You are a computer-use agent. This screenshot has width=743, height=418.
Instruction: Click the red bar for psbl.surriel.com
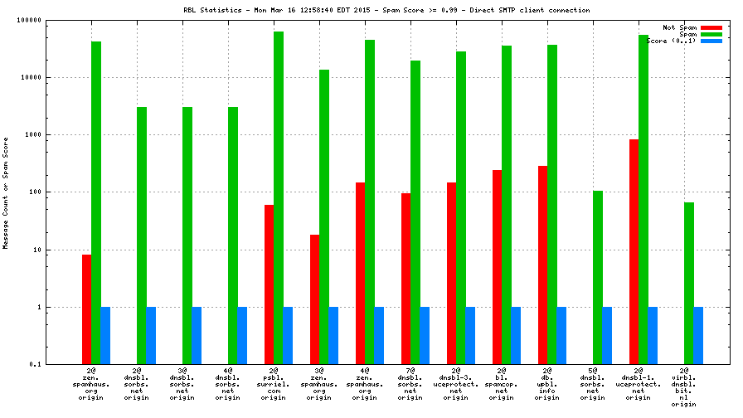pos(269,284)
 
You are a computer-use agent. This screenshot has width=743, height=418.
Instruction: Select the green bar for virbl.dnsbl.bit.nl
pos(689,283)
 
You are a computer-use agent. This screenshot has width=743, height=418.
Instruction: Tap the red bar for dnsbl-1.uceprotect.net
pos(634,251)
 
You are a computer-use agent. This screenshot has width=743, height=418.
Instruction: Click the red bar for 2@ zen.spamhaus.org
pos(86,309)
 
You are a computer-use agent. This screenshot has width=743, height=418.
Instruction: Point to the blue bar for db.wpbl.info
pos(561,335)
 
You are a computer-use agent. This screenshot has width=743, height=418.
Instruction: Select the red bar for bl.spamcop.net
pos(497,267)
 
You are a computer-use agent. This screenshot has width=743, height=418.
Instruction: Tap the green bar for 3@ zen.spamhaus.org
pos(324,216)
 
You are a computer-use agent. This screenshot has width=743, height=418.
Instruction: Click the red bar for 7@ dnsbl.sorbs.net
pos(405,279)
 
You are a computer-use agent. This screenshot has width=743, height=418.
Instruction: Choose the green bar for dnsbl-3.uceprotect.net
pos(461,207)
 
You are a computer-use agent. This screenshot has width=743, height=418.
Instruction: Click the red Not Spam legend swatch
pos(711,27)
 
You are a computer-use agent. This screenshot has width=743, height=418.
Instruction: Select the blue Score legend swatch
pos(711,41)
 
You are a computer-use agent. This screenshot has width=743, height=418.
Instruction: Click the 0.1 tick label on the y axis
pos(36,365)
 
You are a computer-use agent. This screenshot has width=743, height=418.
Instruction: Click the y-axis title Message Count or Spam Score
pos(6,192)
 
